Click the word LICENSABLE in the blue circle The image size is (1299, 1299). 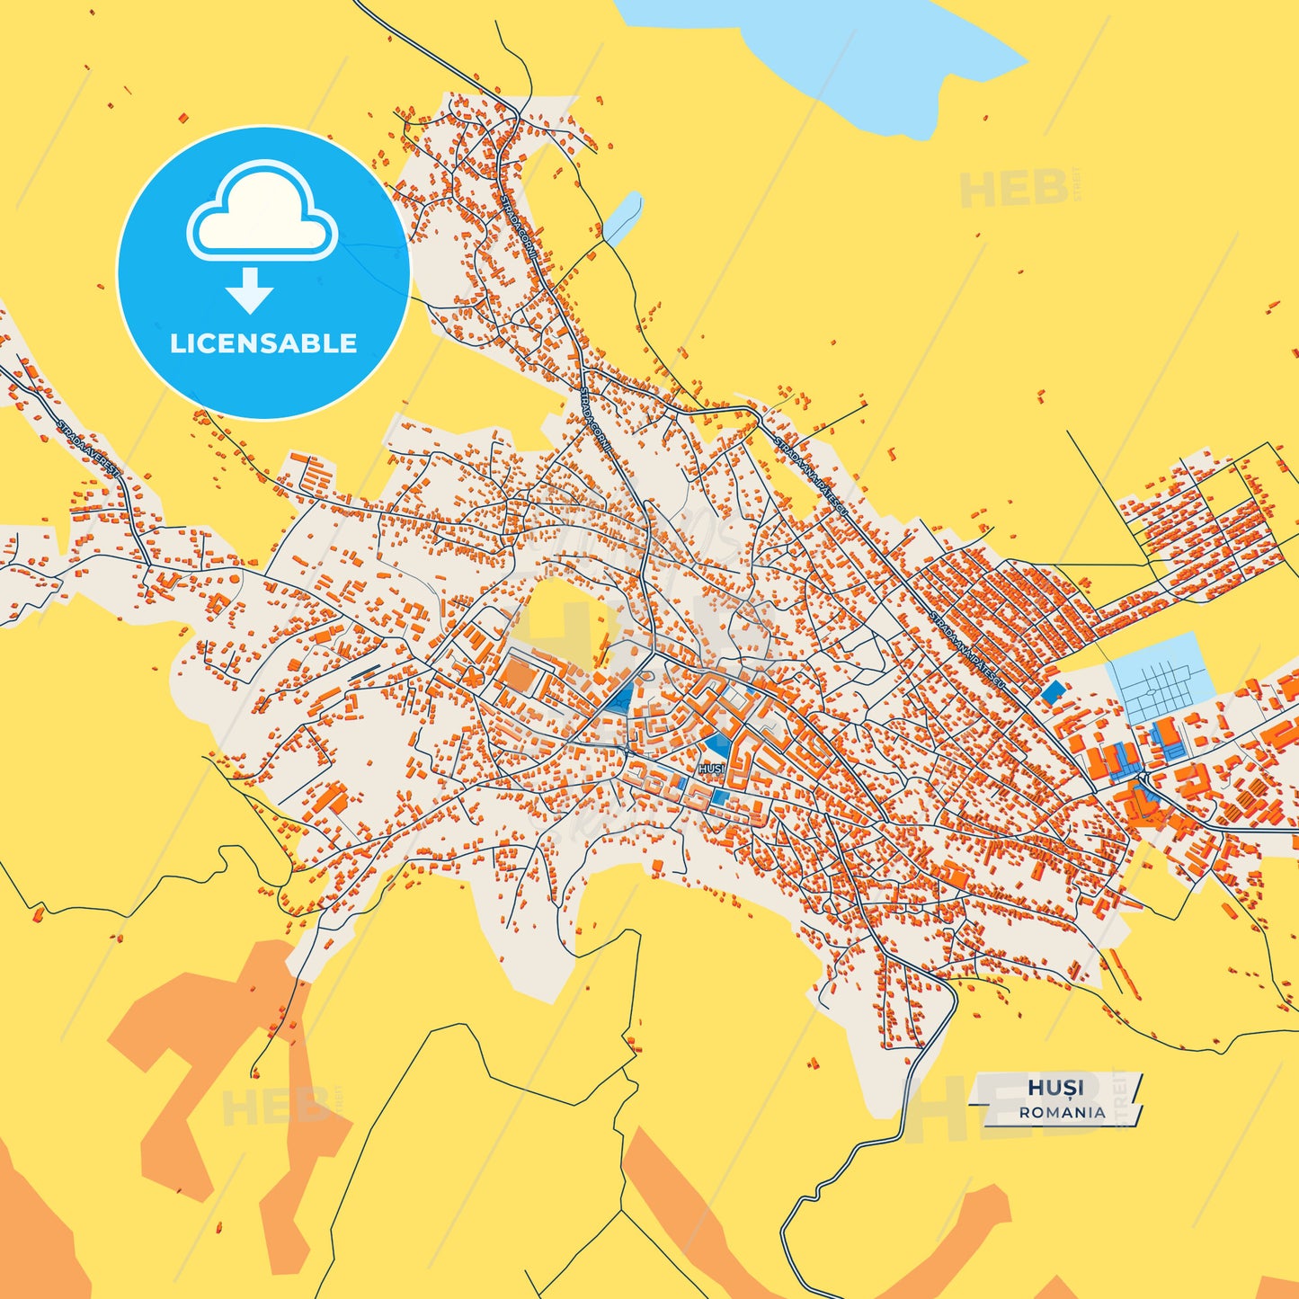[263, 343]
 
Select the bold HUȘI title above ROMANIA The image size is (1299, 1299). [1055, 1088]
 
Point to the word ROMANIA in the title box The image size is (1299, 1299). [1063, 1112]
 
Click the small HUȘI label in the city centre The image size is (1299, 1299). [711, 769]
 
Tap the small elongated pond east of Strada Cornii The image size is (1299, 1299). [623, 217]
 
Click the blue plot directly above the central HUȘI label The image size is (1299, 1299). [717, 744]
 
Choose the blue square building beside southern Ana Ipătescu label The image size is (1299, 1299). [1051, 691]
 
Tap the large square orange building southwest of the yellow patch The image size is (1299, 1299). [518, 675]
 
